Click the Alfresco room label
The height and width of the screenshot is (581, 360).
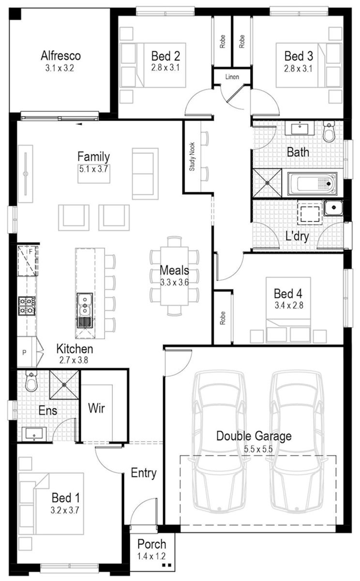[x=60, y=56]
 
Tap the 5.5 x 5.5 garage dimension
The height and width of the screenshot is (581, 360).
[x=258, y=449]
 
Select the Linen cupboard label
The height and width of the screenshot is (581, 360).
[x=232, y=77]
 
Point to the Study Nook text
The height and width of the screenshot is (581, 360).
[x=192, y=157]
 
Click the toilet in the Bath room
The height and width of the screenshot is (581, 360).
[x=329, y=132]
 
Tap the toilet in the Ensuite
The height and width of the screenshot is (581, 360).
[x=31, y=381]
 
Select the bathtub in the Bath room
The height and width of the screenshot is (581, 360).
[x=312, y=183]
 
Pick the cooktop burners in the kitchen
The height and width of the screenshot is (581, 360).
[x=27, y=306]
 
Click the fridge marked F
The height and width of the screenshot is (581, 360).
[x=28, y=260]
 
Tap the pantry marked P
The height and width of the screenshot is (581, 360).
[x=24, y=352]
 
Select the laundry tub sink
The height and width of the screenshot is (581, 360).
[x=333, y=208]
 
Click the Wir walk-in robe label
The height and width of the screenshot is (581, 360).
[x=96, y=408]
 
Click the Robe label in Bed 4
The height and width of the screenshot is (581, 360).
[x=223, y=318]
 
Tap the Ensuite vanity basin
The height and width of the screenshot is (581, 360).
[x=34, y=434]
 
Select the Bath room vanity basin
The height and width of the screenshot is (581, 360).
[x=300, y=128]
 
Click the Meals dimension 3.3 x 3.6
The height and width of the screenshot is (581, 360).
[x=174, y=282]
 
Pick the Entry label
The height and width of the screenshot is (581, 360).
[x=144, y=473]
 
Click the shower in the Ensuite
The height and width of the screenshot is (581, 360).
[x=64, y=384]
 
